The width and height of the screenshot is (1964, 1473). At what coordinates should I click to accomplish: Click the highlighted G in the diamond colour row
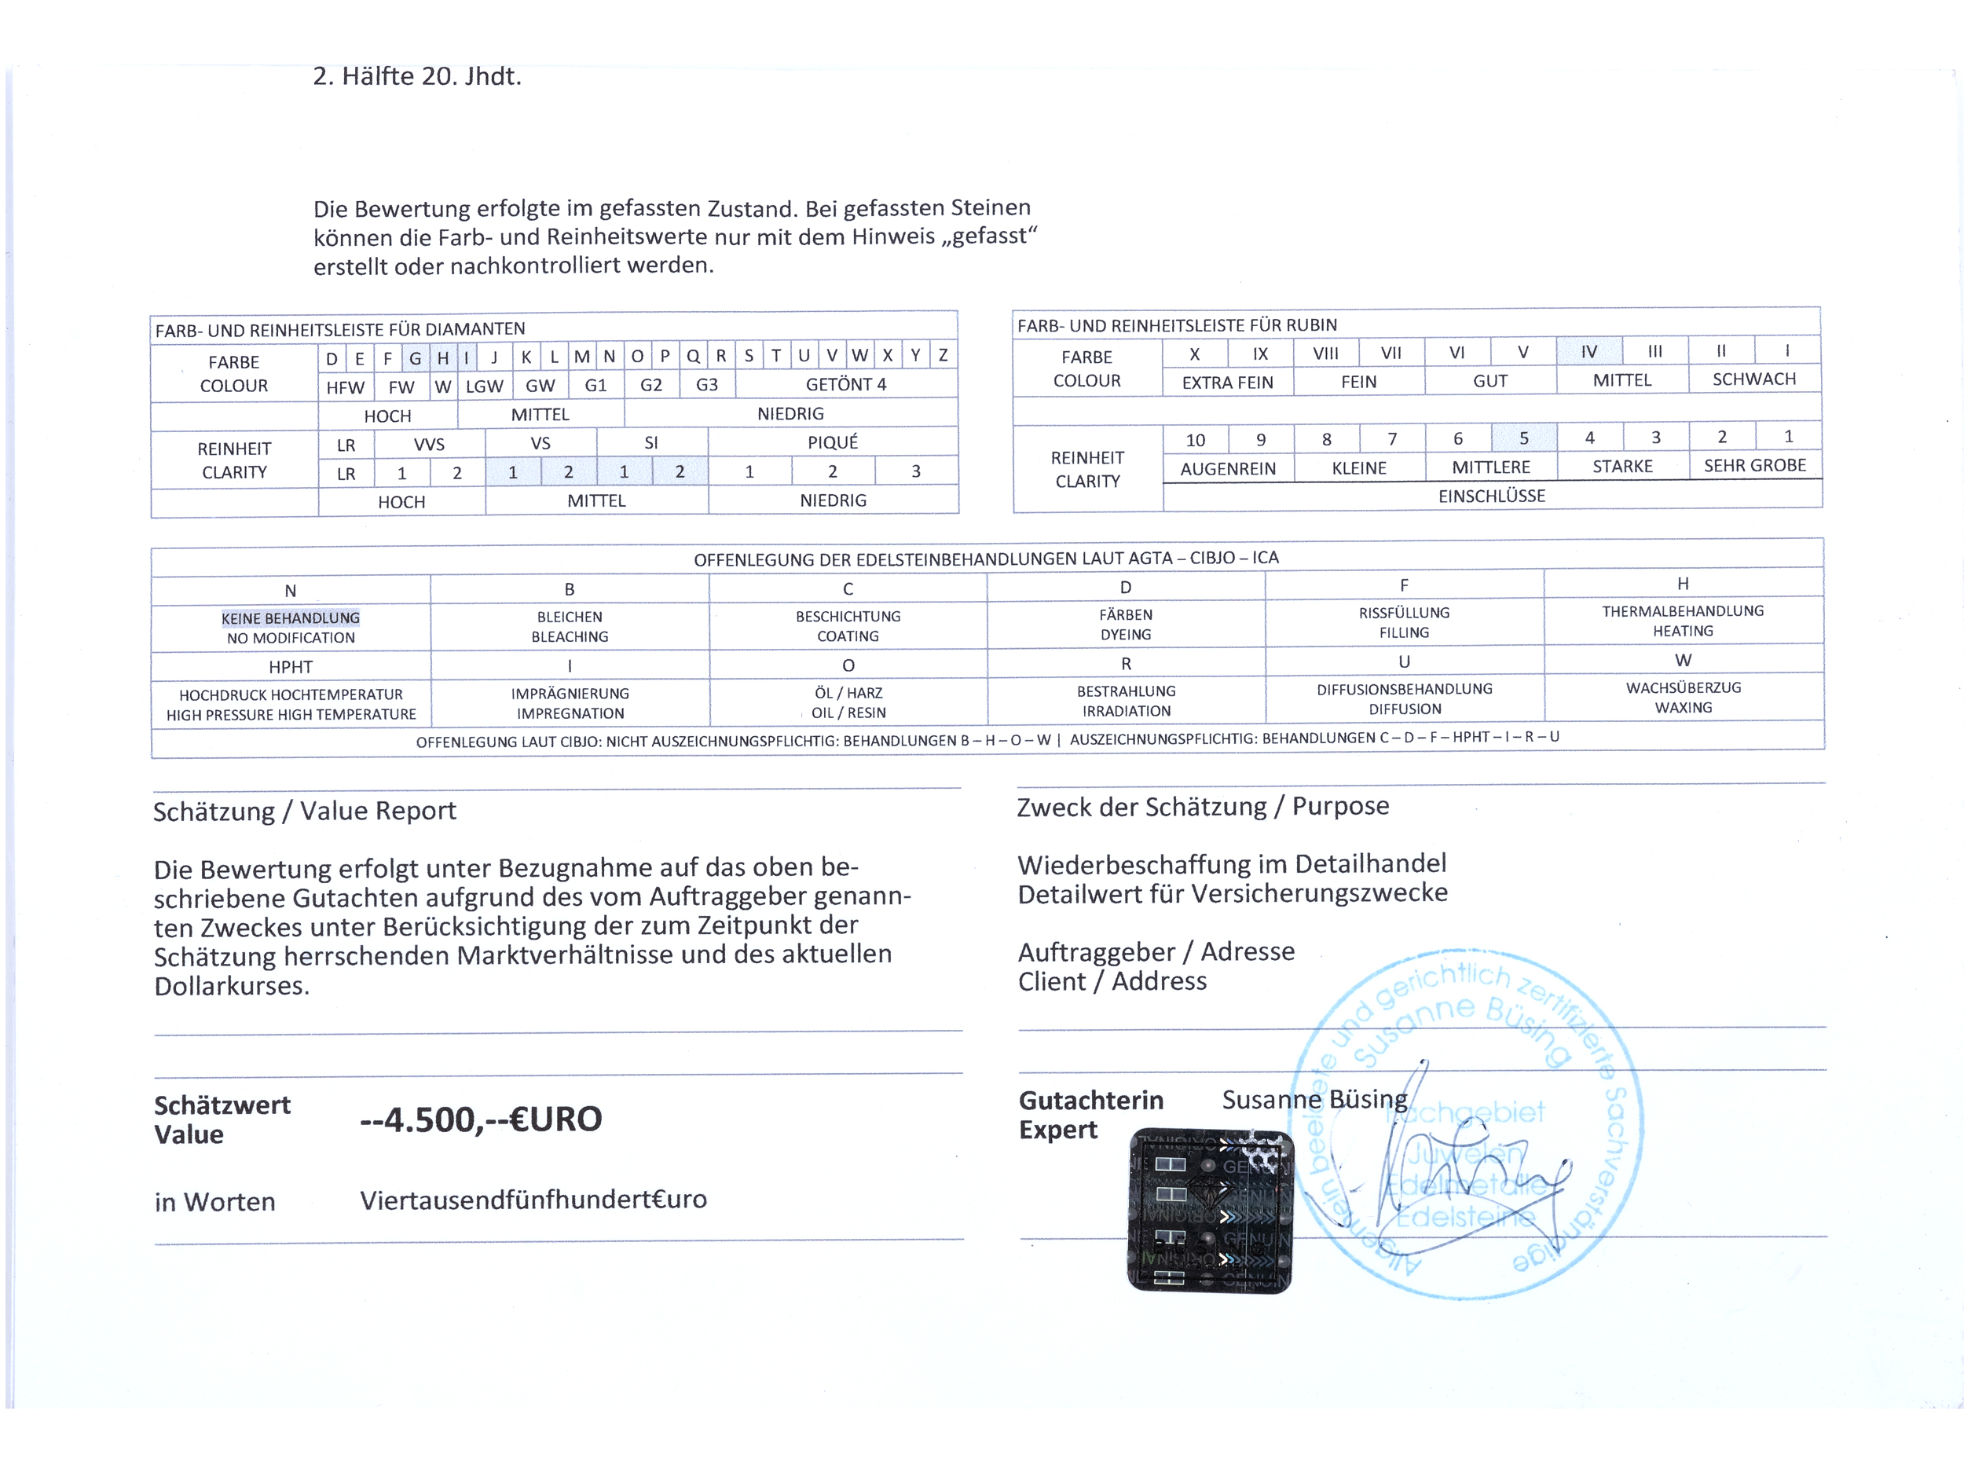(x=415, y=357)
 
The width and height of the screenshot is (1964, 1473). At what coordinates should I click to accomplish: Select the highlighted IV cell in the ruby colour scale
(x=1588, y=352)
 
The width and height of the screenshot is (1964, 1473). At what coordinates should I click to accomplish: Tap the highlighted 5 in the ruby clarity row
(x=1523, y=438)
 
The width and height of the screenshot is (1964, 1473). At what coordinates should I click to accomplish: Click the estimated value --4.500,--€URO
(x=480, y=1119)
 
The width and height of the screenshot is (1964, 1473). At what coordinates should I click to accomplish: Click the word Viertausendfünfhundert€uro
(x=533, y=1200)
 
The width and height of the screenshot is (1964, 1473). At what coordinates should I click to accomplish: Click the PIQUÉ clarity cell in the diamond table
(x=832, y=442)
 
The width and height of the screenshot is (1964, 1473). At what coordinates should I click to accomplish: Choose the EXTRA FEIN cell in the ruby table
(x=1227, y=382)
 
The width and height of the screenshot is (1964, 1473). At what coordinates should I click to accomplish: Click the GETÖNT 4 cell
(x=845, y=384)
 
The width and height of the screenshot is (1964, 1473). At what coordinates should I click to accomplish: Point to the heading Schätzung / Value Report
(x=305, y=811)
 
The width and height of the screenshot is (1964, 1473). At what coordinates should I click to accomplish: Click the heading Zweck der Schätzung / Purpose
(x=1202, y=806)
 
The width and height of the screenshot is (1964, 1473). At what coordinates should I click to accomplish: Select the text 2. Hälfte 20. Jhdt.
(x=416, y=76)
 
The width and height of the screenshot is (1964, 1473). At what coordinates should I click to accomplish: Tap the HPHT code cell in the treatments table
(x=291, y=666)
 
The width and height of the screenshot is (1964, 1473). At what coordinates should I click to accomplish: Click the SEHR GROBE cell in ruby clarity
(x=1753, y=465)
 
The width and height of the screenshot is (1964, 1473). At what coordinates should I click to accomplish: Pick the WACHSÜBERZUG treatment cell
(x=1683, y=697)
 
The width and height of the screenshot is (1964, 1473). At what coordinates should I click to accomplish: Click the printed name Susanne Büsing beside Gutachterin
(x=1314, y=1100)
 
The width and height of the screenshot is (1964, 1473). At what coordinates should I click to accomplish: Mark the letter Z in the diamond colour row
(x=943, y=356)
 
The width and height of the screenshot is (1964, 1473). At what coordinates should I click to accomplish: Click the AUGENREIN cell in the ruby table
(x=1227, y=468)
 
